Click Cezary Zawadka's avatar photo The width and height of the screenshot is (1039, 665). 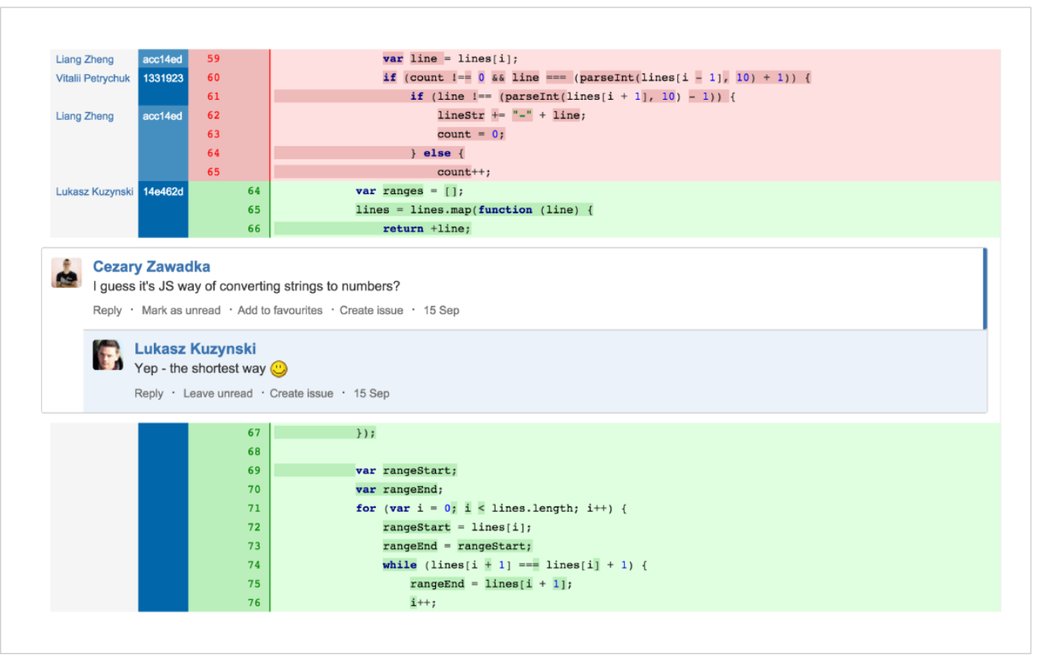click(x=66, y=273)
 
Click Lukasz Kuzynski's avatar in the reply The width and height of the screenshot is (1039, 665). click(x=107, y=355)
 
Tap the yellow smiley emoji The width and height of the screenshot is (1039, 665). click(x=279, y=369)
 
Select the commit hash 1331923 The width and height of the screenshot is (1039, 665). click(x=163, y=78)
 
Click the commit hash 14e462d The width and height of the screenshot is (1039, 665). click(x=163, y=192)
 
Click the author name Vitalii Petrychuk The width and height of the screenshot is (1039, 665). click(x=93, y=78)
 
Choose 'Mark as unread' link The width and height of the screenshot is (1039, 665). click(x=181, y=310)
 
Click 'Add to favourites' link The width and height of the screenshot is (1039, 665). click(x=280, y=310)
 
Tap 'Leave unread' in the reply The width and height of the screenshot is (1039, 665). click(x=217, y=394)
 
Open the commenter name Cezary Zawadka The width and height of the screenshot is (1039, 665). click(x=152, y=266)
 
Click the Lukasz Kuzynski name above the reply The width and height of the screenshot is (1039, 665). click(x=195, y=349)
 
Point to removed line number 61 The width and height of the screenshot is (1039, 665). click(x=213, y=97)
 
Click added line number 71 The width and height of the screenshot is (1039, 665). click(x=254, y=508)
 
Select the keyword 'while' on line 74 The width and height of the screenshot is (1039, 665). click(x=400, y=564)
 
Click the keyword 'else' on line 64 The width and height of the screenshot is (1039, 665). click(x=437, y=153)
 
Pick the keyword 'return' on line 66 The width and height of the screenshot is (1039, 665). click(x=403, y=229)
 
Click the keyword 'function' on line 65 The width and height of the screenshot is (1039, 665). click(x=505, y=210)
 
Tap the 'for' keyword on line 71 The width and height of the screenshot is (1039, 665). click(x=366, y=508)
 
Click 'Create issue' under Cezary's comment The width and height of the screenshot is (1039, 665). click(x=371, y=310)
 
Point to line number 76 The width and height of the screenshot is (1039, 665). click(x=254, y=603)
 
